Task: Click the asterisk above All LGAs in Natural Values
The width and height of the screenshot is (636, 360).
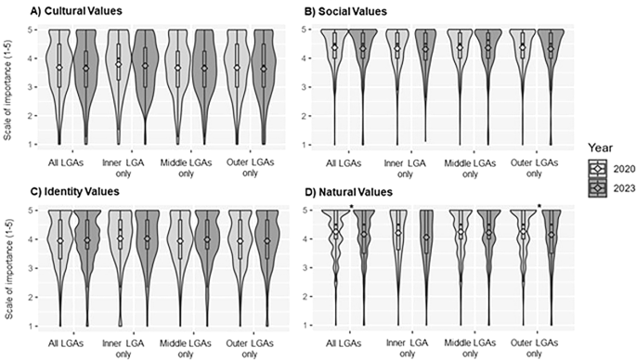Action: pyautogui.click(x=351, y=207)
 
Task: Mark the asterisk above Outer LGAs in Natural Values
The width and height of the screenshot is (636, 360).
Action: pyautogui.click(x=539, y=207)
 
